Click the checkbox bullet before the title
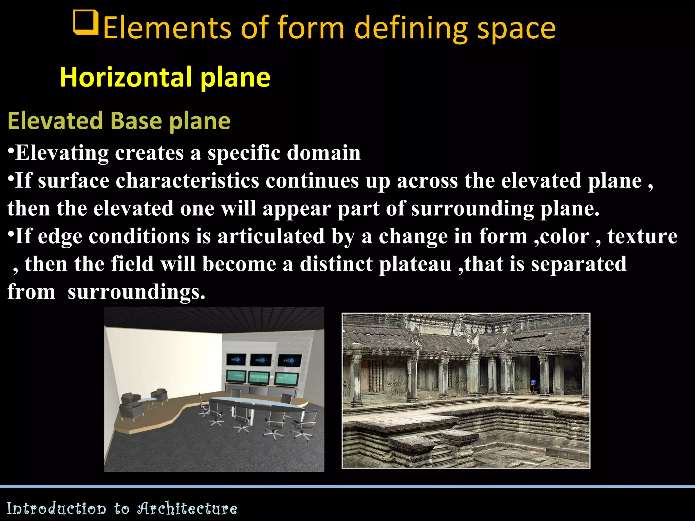[x=86, y=23]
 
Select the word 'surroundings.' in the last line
[x=136, y=292]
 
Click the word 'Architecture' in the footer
[x=187, y=508]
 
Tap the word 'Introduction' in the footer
[x=56, y=508]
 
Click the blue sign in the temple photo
[x=533, y=383]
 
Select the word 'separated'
[x=579, y=264]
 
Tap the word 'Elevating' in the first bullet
[x=62, y=153]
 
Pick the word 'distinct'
[x=336, y=264]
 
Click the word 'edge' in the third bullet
[x=60, y=236]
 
